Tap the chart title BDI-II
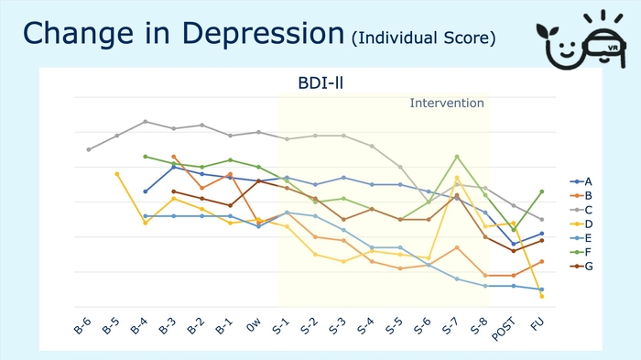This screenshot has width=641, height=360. (x=316, y=83)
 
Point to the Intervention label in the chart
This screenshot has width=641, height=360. (x=446, y=103)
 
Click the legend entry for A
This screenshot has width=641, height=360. (x=582, y=181)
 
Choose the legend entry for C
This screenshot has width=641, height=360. (x=582, y=210)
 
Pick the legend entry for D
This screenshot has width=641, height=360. (x=582, y=224)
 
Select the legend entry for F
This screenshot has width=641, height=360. (x=582, y=252)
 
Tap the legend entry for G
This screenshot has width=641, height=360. (x=582, y=266)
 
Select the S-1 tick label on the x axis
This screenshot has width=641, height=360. (x=282, y=326)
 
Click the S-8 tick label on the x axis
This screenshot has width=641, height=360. (x=481, y=326)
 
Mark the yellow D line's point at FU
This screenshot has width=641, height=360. (x=542, y=296)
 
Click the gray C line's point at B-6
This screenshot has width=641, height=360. (x=89, y=149)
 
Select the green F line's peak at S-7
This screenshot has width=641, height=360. (x=457, y=157)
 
